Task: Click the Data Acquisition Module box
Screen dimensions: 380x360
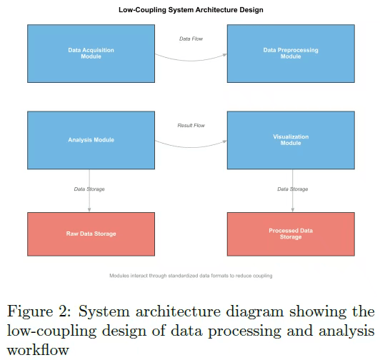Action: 91,54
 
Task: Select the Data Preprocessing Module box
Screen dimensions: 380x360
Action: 291,54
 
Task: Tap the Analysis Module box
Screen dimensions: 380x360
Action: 91,140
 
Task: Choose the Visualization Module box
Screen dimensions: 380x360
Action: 291,140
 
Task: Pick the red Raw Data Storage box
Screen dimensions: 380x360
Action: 91,234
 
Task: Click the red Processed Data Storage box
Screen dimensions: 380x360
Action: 291,234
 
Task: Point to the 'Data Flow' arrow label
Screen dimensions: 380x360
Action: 191,39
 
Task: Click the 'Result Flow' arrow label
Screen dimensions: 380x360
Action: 191,125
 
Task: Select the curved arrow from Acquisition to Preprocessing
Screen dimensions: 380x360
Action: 191,60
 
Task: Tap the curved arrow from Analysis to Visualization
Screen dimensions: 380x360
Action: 191,147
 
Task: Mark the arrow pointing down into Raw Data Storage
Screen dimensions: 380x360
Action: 89,191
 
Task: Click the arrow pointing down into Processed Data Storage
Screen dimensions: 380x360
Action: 293,191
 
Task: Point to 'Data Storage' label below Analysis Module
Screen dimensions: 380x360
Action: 89,189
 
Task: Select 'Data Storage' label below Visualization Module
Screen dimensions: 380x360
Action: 293,189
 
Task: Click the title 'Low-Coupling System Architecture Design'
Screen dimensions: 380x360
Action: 191,10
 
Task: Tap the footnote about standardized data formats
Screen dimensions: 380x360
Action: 191,276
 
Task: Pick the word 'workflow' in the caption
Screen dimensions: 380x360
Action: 38,350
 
